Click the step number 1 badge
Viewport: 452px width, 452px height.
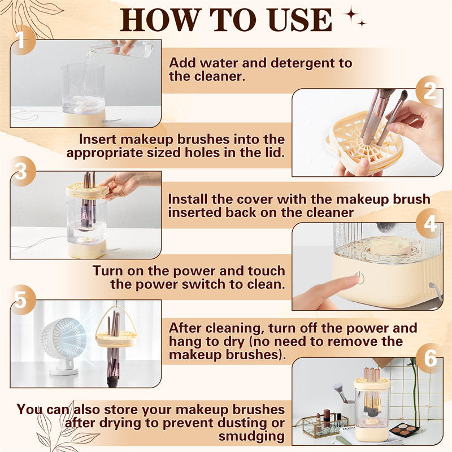[21, 40]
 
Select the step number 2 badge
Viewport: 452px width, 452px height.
[429, 91]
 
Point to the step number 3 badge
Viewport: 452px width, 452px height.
[21, 171]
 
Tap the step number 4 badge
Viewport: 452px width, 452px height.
[429, 223]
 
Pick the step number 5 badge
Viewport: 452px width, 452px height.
[21, 300]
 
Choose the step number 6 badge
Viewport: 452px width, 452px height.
[430, 358]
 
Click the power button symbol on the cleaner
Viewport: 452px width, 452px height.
[360, 278]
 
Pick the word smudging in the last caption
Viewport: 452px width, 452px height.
[251, 436]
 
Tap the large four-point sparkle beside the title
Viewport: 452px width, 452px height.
[351, 14]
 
